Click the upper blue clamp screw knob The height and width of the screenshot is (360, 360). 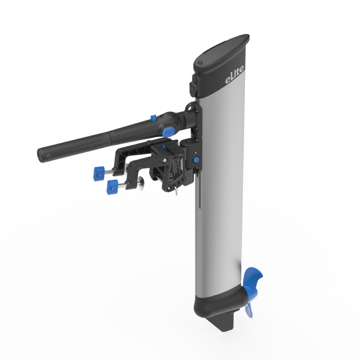[x=99, y=172]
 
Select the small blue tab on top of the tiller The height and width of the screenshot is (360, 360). [x=153, y=118]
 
